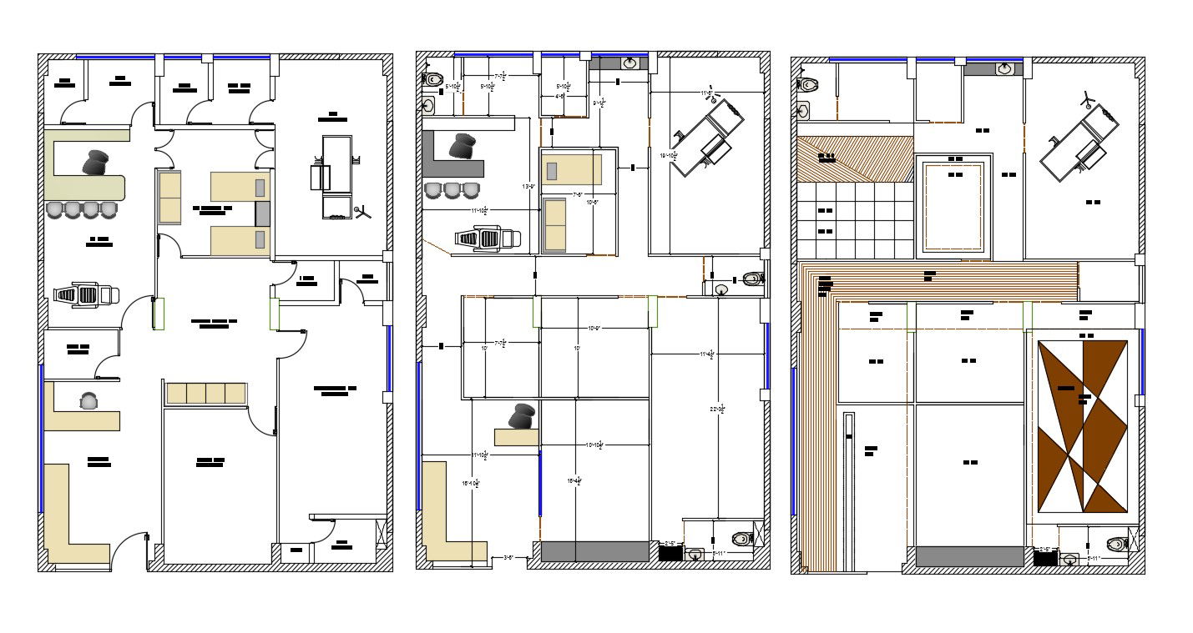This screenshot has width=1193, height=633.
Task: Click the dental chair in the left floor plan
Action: click(86, 294)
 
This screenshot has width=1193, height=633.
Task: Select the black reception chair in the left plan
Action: click(96, 162)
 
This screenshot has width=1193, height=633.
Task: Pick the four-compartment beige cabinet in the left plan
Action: click(206, 393)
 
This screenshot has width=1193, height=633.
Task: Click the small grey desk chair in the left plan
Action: click(88, 401)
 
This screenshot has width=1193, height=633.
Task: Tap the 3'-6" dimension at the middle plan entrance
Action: click(509, 557)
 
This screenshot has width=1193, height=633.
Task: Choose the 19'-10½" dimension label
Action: click(667, 156)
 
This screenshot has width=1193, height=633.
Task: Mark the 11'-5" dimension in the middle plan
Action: click(705, 93)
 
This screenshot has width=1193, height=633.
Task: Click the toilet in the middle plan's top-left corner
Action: click(432, 79)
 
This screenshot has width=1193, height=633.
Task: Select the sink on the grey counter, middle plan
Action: click(631, 63)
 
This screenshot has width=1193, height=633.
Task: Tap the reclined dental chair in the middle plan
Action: click(488, 239)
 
